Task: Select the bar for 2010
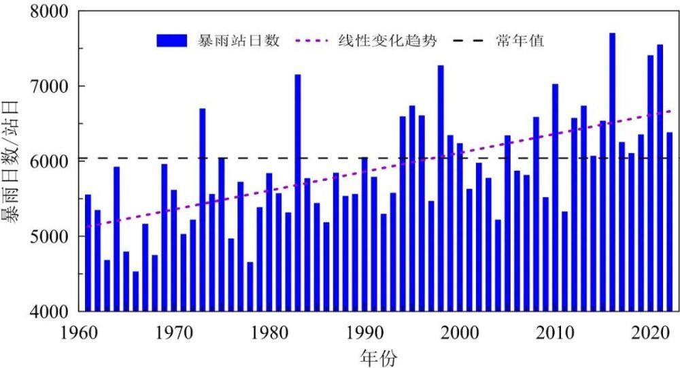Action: [x=555, y=197]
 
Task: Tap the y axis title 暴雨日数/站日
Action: [x=15, y=161]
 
